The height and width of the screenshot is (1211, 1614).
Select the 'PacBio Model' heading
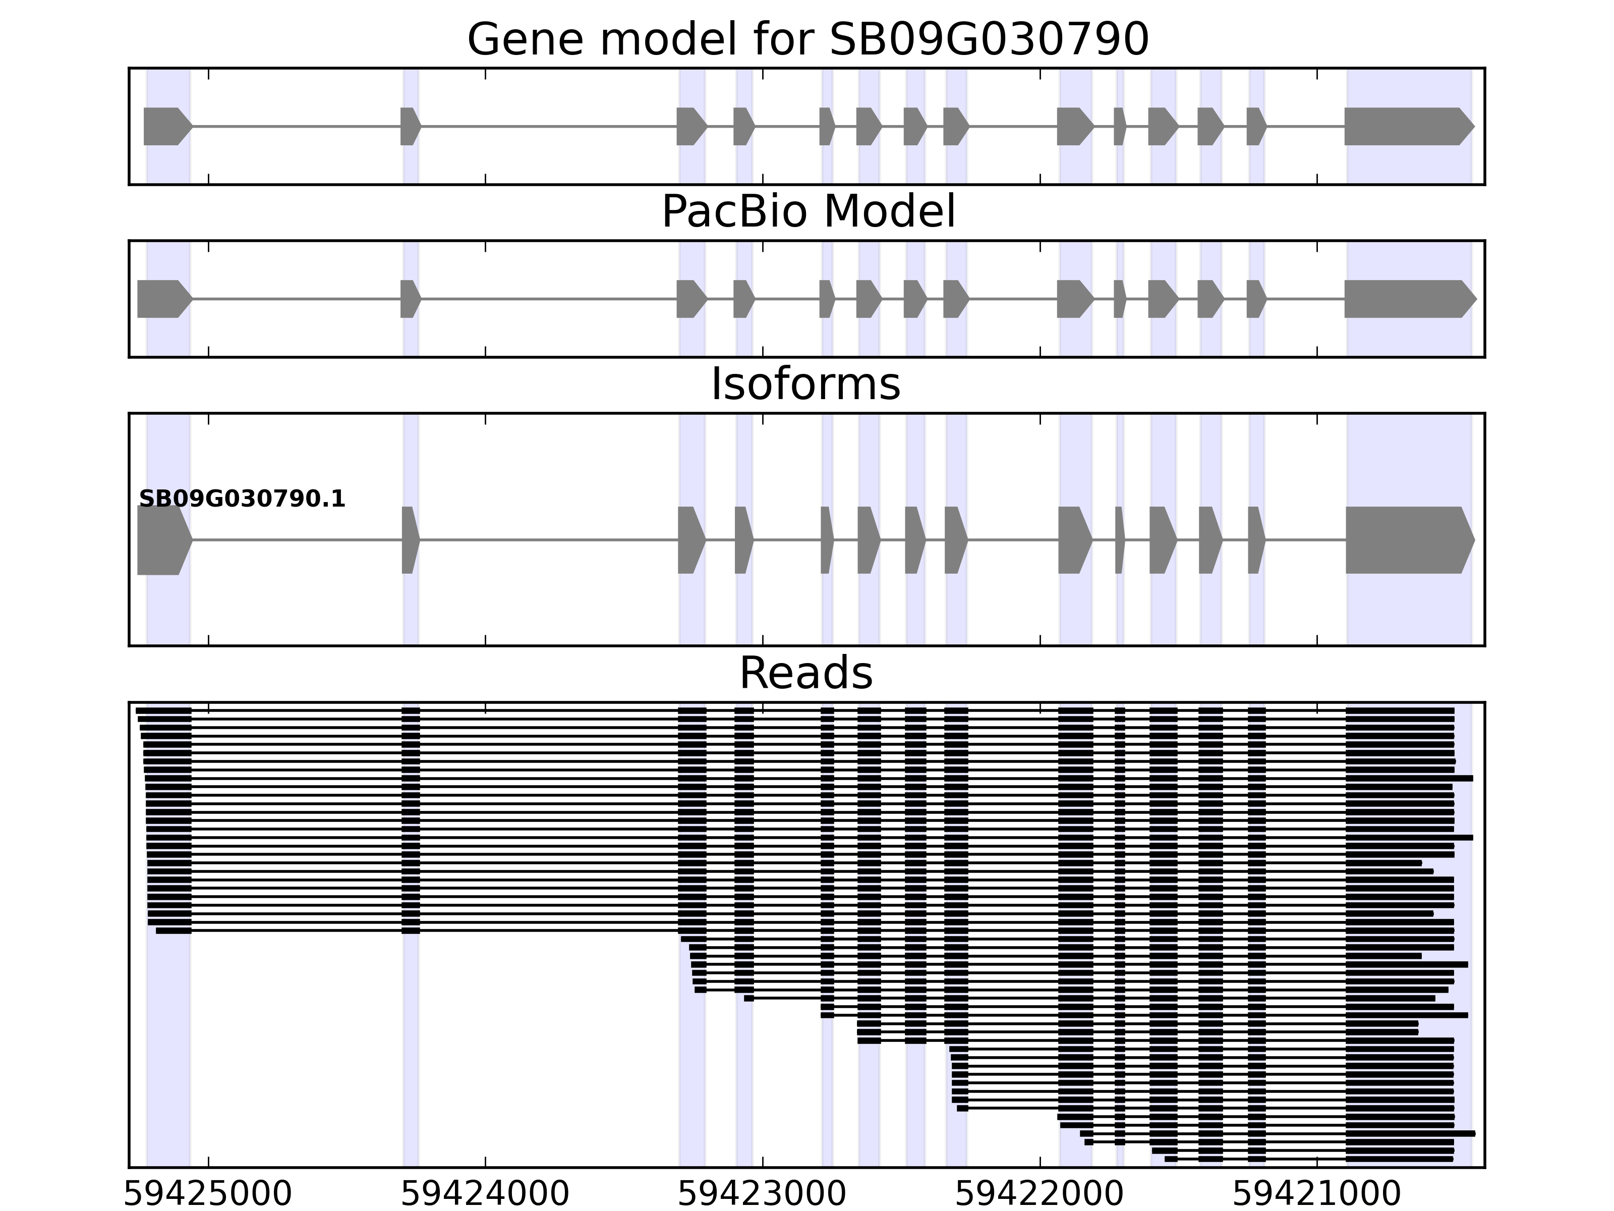(x=808, y=212)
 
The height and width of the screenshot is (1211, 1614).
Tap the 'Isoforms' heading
(x=805, y=384)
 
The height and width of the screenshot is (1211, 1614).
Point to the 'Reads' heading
(x=805, y=673)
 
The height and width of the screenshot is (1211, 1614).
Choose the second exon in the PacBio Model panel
(x=410, y=299)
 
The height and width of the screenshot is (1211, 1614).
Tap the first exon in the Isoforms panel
(x=163, y=540)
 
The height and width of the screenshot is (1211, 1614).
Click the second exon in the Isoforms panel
(x=410, y=540)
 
